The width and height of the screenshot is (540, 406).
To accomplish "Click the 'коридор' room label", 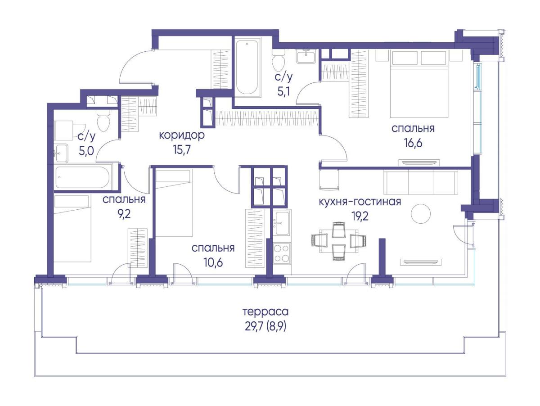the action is [x=181, y=135].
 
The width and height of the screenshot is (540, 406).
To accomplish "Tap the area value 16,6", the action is [x=413, y=143].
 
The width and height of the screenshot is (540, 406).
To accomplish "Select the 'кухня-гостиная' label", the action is [x=360, y=202].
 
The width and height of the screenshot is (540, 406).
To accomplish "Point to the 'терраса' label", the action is [x=265, y=312].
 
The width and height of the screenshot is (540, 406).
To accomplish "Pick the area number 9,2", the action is [x=124, y=214].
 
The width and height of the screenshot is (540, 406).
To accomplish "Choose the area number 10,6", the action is [x=213, y=263].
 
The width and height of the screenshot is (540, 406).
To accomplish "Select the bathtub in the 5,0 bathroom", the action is [x=82, y=177].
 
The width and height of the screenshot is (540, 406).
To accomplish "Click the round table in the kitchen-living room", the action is [x=421, y=214].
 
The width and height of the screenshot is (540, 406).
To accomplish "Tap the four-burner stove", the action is [x=282, y=253].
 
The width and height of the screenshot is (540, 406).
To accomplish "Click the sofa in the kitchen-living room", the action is [x=421, y=183].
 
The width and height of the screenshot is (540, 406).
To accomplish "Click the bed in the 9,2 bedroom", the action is [x=72, y=228].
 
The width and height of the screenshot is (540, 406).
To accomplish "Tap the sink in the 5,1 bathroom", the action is [x=306, y=57].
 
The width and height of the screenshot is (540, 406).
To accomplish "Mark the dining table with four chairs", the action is [x=339, y=241].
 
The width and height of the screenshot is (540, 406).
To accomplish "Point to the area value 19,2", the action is [x=360, y=217].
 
